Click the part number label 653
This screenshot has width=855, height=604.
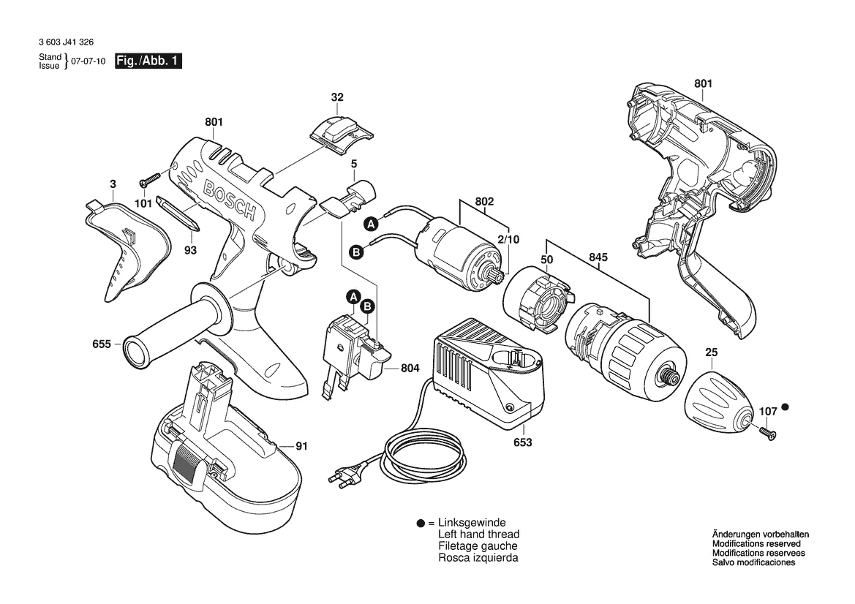(x=522, y=442)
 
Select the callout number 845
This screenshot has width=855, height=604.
(x=598, y=257)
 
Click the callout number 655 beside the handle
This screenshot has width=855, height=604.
(x=102, y=343)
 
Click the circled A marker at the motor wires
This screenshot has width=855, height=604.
(x=371, y=224)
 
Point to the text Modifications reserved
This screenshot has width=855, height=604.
(x=756, y=544)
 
